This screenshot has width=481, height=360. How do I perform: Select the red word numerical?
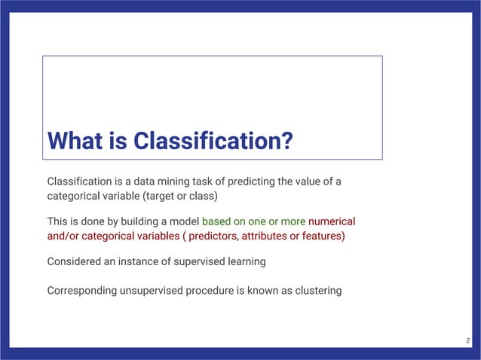(x=332, y=222)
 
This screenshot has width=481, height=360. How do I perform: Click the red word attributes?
(x=273, y=236)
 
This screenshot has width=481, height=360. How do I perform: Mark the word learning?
(x=245, y=262)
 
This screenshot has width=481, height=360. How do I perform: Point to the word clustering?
(x=317, y=290)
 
